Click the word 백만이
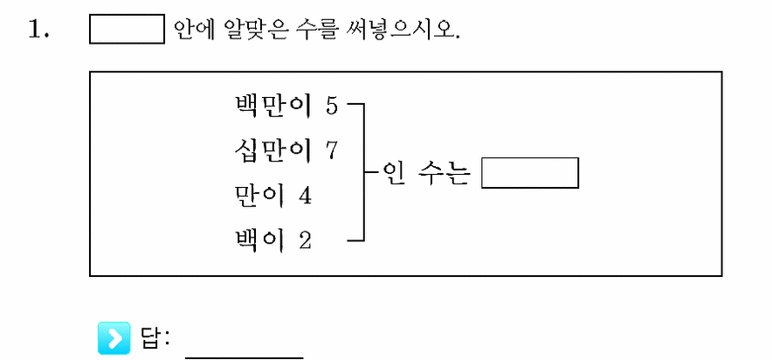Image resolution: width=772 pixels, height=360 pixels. (272, 106)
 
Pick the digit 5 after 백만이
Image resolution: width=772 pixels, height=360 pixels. (332, 107)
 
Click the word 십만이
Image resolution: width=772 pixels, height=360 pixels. (272, 150)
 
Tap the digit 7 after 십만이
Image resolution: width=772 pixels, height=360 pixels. (332, 151)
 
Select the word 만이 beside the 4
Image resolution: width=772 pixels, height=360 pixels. (259, 196)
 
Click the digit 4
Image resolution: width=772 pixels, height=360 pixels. (306, 197)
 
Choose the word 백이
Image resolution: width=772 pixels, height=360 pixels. (259, 241)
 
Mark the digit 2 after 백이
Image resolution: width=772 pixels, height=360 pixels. (306, 242)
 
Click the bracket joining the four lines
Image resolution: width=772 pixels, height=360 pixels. (364, 172)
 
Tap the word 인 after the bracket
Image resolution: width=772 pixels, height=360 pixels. (391, 173)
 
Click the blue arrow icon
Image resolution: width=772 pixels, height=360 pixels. (114, 338)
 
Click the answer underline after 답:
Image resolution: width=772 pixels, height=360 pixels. (245, 357)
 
